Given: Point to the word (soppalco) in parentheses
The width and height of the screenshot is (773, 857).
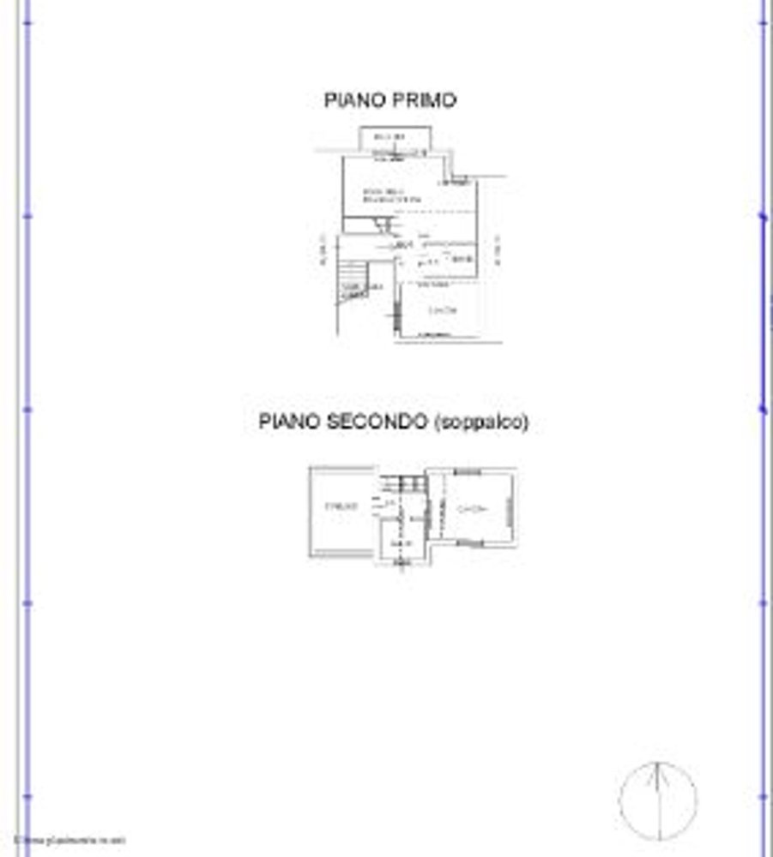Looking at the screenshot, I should (482, 422).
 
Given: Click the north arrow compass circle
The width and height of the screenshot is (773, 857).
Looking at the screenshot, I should (657, 800).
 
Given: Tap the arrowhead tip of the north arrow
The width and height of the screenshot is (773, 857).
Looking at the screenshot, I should (657, 765).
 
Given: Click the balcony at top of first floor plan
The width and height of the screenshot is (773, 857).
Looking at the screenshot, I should (394, 138).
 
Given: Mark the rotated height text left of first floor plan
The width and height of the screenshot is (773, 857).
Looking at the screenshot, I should (323, 250).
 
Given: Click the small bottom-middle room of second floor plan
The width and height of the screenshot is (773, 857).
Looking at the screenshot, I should (401, 544).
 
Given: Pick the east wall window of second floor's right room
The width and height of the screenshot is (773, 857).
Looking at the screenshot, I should (513, 512).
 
